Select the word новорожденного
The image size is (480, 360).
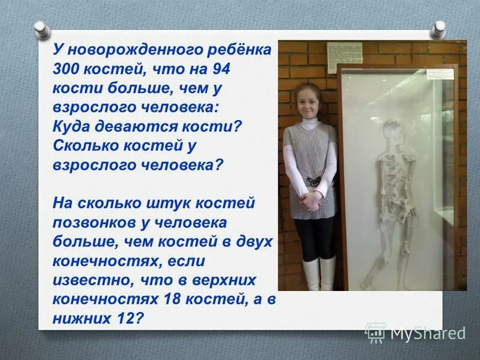click(x=130, y=48)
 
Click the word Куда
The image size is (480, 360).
click(x=71, y=126)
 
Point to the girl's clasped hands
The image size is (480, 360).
click(x=310, y=201)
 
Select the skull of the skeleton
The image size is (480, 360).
click(x=392, y=129)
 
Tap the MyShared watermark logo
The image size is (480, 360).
click(x=415, y=332)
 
